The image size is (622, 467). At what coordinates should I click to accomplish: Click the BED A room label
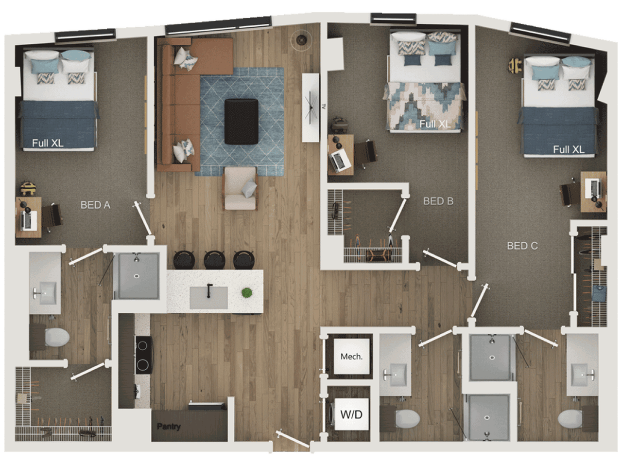(x=95, y=205)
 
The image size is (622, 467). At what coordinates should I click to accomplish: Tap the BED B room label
(x=438, y=201)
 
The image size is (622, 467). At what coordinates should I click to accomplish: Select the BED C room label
(x=522, y=246)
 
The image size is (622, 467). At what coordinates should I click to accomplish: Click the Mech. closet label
(x=351, y=357)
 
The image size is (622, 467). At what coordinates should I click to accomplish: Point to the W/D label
(x=351, y=414)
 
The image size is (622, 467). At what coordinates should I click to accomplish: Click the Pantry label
(x=169, y=426)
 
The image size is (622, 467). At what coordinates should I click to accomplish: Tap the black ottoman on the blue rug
(x=241, y=121)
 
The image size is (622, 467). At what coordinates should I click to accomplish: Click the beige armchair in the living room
(x=241, y=188)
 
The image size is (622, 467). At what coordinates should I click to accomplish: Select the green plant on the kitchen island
(x=247, y=293)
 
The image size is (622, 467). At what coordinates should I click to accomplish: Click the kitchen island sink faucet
(x=209, y=290)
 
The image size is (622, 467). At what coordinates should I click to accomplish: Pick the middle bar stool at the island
(x=214, y=259)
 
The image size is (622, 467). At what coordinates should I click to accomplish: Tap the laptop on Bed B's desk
(x=340, y=161)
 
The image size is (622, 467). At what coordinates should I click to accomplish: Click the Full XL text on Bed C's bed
(x=569, y=149)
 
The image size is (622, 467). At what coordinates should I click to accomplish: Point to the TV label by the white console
(x=323, y=107)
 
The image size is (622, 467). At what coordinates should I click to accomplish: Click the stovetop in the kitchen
(x=144, y=355)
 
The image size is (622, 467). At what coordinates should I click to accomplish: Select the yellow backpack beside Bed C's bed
(x=515, y=66)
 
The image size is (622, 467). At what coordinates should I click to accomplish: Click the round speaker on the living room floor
(x=301, y=40)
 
